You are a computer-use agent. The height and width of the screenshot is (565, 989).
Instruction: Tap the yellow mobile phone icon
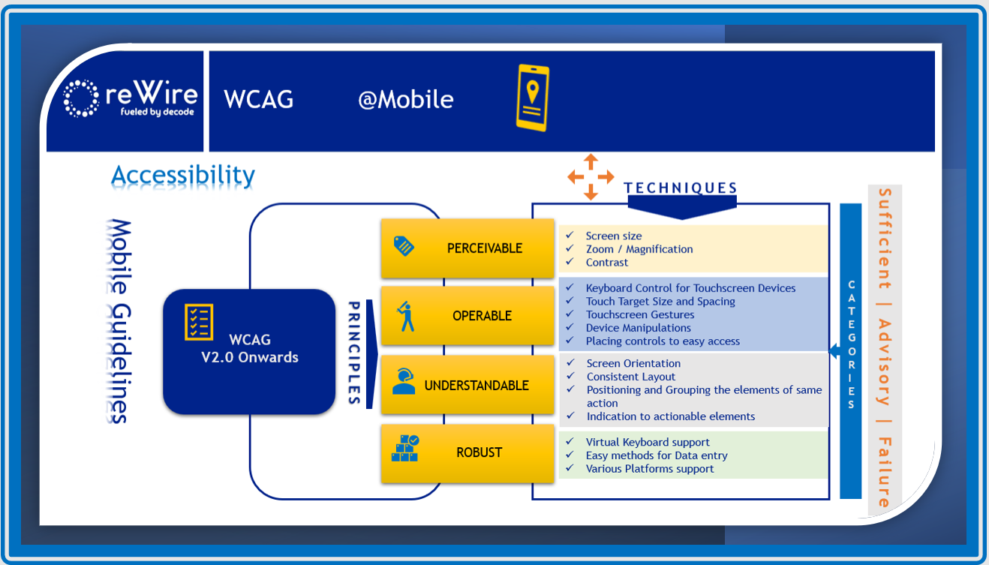tap(532, 98)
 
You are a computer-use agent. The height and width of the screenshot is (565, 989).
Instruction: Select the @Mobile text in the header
tap(405, 100)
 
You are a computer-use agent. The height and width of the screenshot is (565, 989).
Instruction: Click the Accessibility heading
tap(183, 175)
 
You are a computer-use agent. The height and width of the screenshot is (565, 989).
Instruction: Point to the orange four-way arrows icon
tap(591, 177)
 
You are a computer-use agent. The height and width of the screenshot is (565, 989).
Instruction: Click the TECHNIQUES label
tap(681, 188)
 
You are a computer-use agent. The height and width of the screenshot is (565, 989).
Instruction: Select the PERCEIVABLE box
tap(467, 248)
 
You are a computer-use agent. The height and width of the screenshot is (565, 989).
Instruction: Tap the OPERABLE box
tap(467, 316)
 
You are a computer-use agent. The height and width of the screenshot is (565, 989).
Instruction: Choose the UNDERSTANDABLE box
tap(467, 385)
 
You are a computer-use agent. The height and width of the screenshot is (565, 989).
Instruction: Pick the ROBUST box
tap(467, 452)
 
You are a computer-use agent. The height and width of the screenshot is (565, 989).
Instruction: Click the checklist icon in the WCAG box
tap(199, 322)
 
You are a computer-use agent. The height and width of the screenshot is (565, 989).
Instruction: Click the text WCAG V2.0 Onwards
tap(249, 349)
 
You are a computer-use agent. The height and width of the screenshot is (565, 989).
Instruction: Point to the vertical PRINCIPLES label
tap(354, 353)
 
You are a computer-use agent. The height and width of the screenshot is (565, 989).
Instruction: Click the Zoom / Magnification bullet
tap(639, 249)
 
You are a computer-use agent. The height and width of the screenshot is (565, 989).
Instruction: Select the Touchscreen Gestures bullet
tap(640, 314)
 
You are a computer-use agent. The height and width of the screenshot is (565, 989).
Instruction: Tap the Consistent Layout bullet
tap(630, 377)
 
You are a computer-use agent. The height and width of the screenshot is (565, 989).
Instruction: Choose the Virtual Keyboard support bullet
tap(647, 442)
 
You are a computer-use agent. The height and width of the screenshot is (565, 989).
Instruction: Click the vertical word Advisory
tap(884, 362)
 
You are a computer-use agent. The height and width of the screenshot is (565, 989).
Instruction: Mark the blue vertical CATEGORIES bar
tap(850, 350)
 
